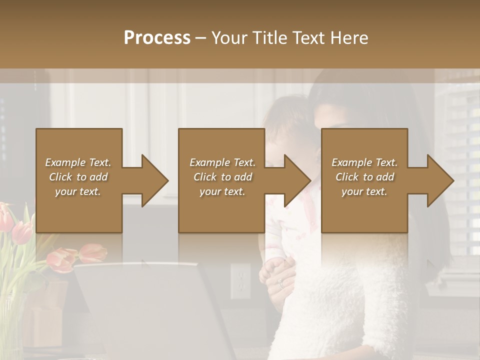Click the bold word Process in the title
[157, 37]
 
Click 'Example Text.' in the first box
[78, 162]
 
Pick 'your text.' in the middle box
[222, 191]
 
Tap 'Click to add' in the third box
[365, 177]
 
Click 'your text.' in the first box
[78, 191]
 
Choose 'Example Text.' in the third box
[365, 162]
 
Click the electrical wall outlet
[240, 281]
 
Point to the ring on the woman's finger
[281, 283]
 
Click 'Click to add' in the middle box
[222, 177]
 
